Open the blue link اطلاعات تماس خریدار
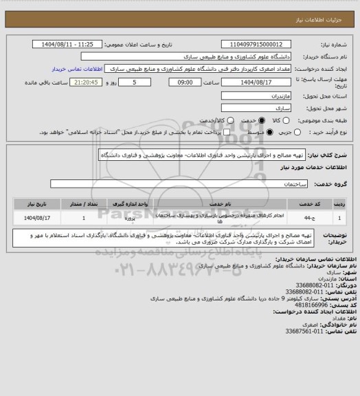[x=78, y=69]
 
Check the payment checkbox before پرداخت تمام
[x=199, y=132]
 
